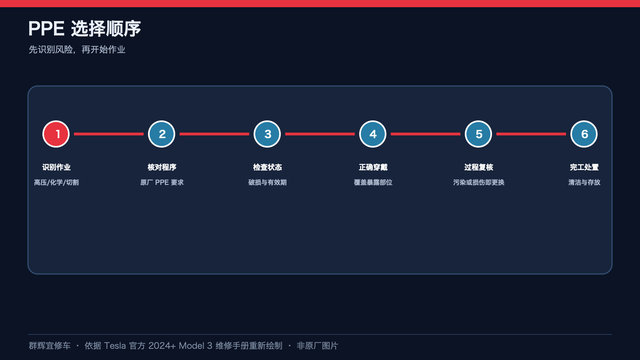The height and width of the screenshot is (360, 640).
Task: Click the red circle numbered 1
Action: click(56, 134)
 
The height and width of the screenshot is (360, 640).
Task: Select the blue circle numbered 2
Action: click(162, 134)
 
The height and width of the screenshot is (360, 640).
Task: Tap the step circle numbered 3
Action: click(267, 134)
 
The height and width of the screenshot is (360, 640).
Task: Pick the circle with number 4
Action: click(373, 134)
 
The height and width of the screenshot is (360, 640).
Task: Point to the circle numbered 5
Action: click(478, 134)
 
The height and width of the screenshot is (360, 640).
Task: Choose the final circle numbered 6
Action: click(584, 134)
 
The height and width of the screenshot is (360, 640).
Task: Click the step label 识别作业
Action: click(56, 167)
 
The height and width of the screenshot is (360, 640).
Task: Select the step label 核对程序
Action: click(162, 167)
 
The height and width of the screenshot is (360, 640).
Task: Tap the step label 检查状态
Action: click(268, 167)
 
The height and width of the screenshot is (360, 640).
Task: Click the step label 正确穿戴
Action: click(373, 167)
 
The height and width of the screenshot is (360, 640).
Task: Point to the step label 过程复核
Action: click(478, 167)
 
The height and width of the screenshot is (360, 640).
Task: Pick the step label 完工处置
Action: click(584, 167)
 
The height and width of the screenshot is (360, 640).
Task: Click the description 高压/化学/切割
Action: click(56, 182)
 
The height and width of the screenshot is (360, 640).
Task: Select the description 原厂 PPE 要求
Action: click(162, 182)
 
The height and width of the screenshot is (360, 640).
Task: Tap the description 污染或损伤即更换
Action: click(478, 182)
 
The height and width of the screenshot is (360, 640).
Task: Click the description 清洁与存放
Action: click(584, 182)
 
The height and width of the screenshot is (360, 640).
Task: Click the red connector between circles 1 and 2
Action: click(108, 134)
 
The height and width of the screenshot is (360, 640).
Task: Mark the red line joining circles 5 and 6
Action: click(531, 134)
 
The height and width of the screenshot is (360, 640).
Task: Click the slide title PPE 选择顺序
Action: click(84, 28)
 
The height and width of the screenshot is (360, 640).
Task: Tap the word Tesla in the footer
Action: click(115, 346)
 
